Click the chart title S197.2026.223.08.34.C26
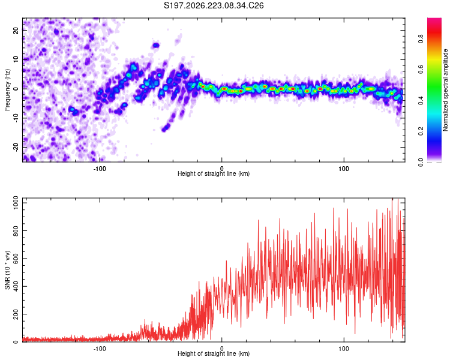(x=214, y=5)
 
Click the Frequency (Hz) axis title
(x=7, y=90)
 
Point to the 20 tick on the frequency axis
(x=16, y=30)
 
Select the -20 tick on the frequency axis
(x=16, y=147)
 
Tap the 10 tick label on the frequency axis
(x=16, y=59)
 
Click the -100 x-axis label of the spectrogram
(x=99, y=169)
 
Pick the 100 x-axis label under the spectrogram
(x=344, y=169)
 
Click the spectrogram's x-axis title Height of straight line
(x=214, y=173)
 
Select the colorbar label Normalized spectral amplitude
(x=445, y=90)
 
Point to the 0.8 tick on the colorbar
(x=421, y=38)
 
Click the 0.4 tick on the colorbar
(x=421, y=100)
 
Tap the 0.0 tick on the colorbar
(x=421, y=163)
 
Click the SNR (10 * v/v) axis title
(x=7, y=270)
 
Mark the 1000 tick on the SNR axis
(x=16, y=203)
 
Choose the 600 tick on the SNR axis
(x=16, y=259)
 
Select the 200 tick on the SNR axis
(x=16, y=314)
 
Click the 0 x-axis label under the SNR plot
(x=221, y=349)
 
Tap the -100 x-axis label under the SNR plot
(x=99, y=349)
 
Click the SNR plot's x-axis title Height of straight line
(x=214, y=353)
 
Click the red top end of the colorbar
(x=434, y=20)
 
